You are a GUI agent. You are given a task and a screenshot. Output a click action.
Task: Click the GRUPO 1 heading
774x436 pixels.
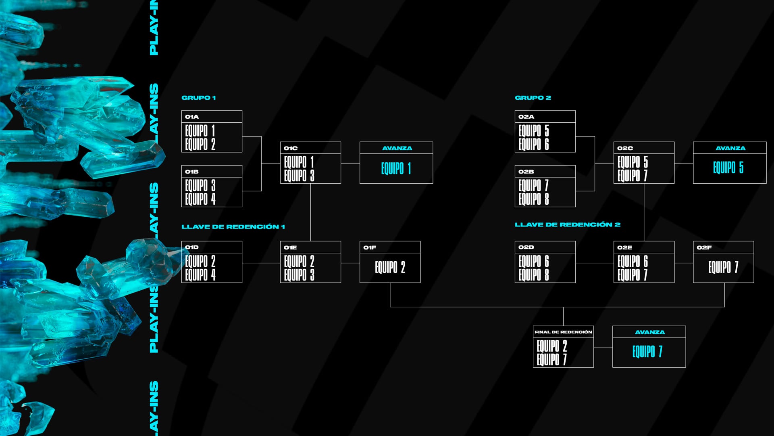[x=198, y=98]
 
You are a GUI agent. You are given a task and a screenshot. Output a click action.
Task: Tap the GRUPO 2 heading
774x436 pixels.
[x=533, y=98]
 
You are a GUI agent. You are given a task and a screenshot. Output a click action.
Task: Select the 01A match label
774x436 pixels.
[x=192, y=117]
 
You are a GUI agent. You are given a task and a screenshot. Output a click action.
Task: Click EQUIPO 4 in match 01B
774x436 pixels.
[x=200, y=199]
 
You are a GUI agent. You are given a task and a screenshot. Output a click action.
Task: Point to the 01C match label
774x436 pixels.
[x=291, y=148]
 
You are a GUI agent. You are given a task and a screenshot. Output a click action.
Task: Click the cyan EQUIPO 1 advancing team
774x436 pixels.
[x=396, y=168]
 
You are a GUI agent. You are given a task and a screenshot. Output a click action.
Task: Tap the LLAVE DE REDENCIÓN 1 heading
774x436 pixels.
[x=233, y=227]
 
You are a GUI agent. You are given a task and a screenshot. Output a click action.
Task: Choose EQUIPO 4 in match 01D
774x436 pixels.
[x=200, y=275]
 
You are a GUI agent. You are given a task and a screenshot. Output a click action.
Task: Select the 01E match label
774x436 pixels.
[x=290, y=247]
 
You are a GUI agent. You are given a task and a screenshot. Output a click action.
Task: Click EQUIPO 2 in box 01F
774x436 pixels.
[x=390, y=267]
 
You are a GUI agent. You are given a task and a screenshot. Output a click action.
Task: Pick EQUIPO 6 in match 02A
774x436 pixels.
[x=534, y=144]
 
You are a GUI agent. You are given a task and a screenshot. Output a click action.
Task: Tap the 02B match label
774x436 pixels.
[x=526, y=172]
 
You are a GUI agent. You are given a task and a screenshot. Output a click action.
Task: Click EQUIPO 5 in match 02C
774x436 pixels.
[x=633, y=162]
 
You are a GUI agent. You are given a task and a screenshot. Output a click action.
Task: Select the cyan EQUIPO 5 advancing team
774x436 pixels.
[x=728, y=168]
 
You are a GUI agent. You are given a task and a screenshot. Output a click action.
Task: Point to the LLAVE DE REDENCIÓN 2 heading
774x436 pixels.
[x=567, y=224]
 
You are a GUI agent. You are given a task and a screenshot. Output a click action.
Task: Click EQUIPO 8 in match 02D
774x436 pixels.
[x=534, y=275]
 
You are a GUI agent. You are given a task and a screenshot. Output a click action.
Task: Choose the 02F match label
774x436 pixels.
[x=704, y=247]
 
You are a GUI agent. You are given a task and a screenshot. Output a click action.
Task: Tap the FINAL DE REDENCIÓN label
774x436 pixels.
[x=563, y=332]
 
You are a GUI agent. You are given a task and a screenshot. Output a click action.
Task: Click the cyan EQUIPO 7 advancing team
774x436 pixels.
[x=647, y=352]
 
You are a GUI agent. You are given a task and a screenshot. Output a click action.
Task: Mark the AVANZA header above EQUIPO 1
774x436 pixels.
[x=397, y=148]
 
